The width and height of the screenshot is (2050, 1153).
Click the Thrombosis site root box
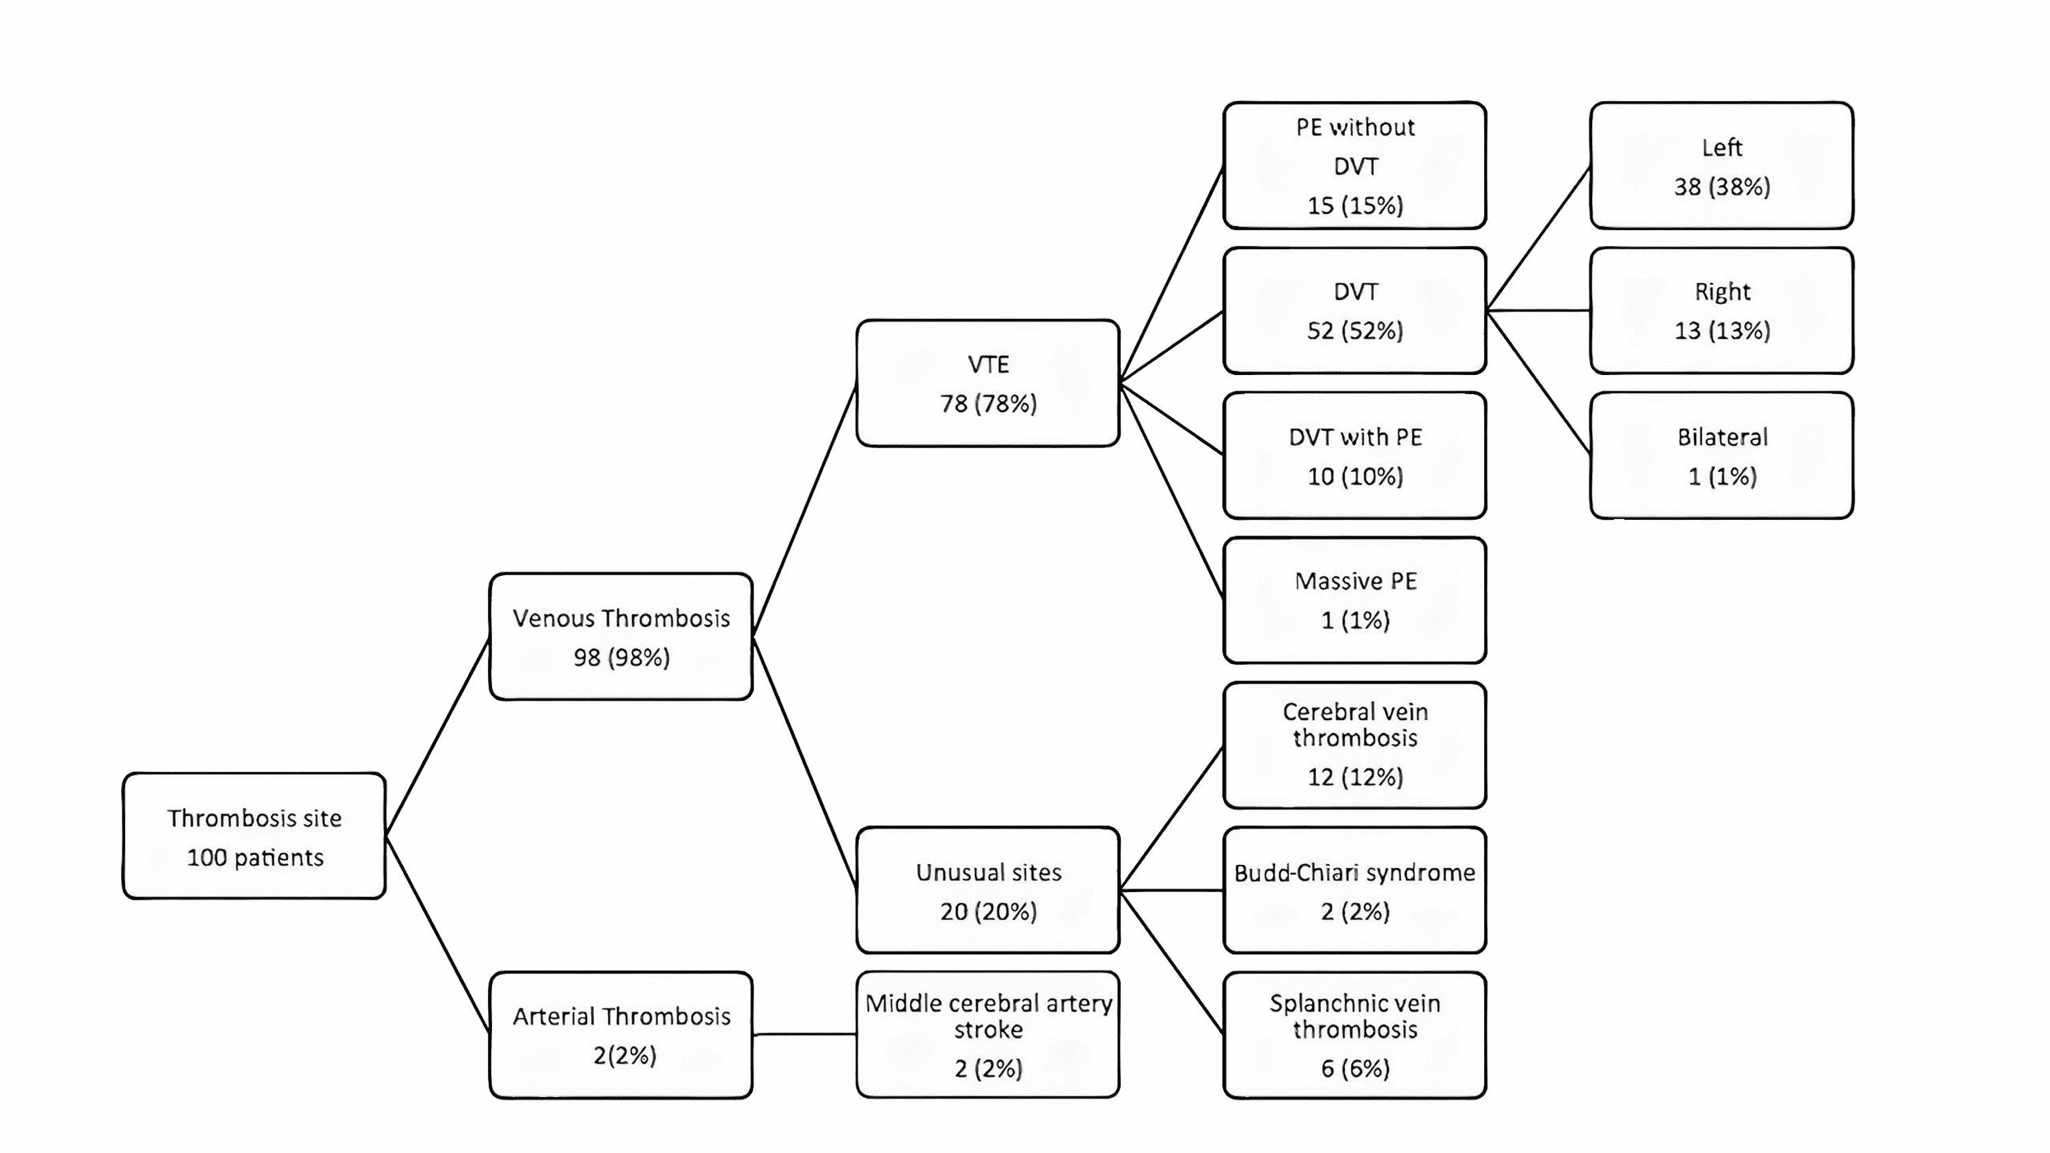click(254, 835)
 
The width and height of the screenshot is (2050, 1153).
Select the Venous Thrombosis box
click(620, 637)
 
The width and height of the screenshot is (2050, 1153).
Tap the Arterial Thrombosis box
click(620, 1034)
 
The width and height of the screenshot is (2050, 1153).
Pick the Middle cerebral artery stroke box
click(987, 1034)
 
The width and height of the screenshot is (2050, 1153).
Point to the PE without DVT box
click(1354, 165)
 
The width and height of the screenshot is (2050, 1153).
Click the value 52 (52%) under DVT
click(1354, 330)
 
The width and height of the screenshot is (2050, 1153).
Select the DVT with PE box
click(1354, 455)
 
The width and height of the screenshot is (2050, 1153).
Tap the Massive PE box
click(1354, 600)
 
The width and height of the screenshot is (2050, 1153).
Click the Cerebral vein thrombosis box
click(1354, 745)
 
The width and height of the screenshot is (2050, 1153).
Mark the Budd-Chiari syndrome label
click(1354, 873)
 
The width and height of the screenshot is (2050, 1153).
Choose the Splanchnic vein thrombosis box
click(1354, 1034)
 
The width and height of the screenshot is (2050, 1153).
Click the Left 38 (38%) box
click(1721, 165)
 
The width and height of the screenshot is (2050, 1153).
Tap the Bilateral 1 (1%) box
click(1721, 455)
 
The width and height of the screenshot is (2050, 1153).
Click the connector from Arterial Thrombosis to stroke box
click(804, 1034)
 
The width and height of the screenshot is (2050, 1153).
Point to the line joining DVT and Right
click(1537, 310)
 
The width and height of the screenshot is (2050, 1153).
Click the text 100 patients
click(255, 858)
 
